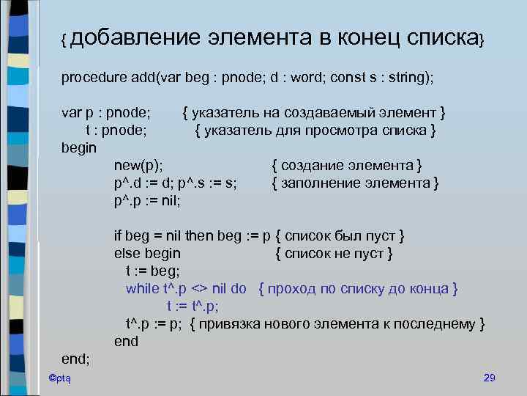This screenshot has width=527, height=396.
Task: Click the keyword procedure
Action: (93, 77)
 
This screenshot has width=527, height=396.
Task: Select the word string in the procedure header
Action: (402, 77)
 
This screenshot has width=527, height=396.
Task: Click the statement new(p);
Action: (138, 166)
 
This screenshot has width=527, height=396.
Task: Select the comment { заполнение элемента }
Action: (355, 183)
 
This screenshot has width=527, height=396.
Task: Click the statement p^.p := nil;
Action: (147, 199)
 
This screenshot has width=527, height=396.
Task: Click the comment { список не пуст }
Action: (334, 254)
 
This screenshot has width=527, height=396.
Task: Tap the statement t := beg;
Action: (152, 271)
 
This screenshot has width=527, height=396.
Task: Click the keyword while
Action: (141, 289)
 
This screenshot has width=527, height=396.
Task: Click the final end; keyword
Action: (75, 359)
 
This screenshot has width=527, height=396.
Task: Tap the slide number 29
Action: (490, 378)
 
